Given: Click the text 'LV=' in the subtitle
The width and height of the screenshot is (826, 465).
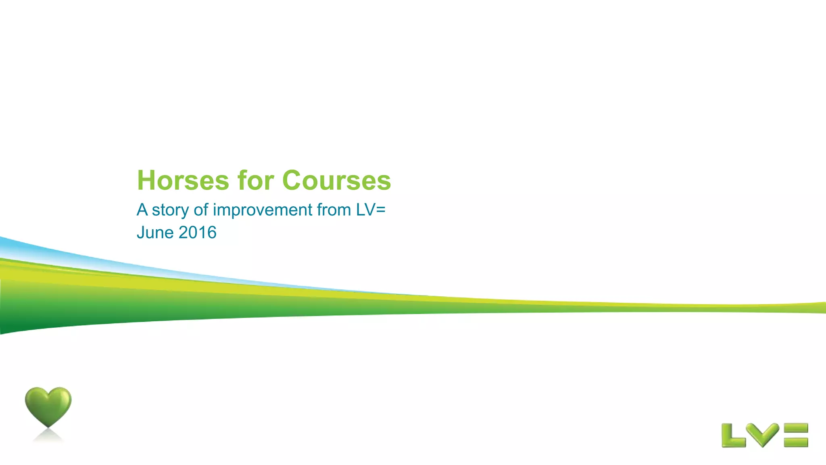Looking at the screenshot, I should point(371,210).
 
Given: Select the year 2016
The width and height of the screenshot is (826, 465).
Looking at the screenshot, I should point(197,233).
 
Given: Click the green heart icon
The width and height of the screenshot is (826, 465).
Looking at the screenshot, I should point(48,406).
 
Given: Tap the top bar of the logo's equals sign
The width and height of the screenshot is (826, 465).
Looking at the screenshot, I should point(796,428).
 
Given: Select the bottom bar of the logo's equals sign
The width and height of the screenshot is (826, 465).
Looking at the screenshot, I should point(796,442).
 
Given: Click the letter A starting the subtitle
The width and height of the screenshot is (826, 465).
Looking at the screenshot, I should point(142,210).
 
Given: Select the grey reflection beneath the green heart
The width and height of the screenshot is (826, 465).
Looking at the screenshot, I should point(48,436).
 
